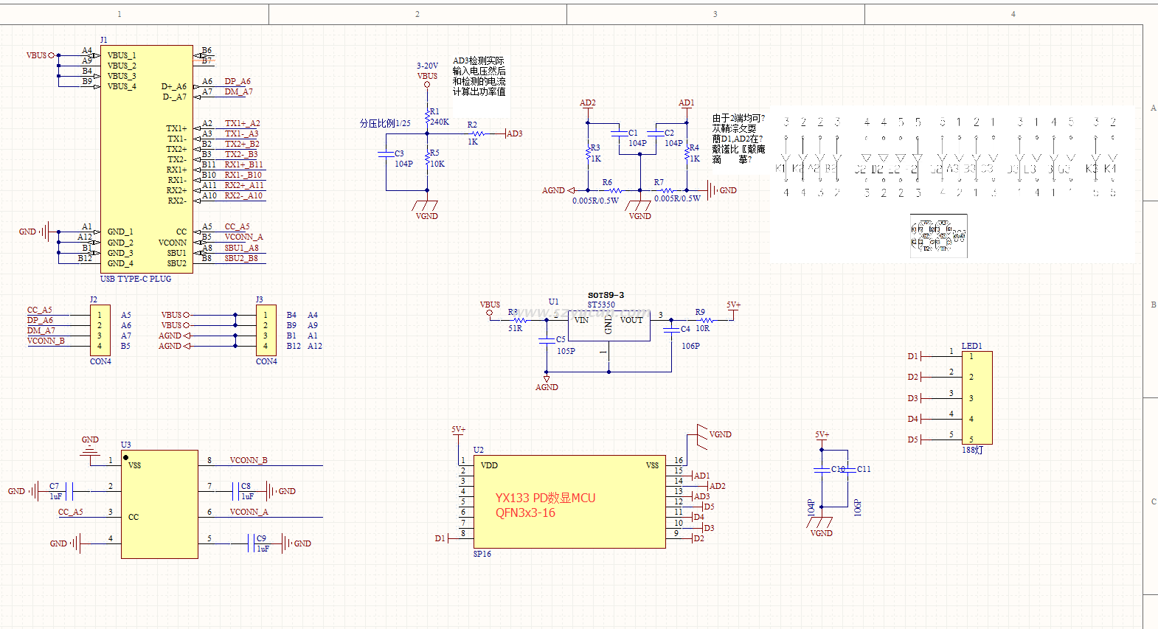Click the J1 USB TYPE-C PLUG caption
point(136,279)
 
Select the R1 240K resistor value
point(440,122)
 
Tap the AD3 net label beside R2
point(515,133)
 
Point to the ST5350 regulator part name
point(601,305)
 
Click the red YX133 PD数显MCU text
point(545,498)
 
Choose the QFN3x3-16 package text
point(525,513)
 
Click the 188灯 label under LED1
point(972,450)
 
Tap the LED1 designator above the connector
point(971,346)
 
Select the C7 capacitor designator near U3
point(54,486)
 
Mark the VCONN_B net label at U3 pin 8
point(249,460)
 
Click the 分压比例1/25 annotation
point(385,123)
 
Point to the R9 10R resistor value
point(703,328)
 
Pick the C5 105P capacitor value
point(566,351)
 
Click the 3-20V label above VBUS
point(427,66)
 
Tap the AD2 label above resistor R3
point(588,103)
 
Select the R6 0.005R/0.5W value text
point(595,201)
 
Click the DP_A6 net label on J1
point(238,81)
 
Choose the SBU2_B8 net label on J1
point(241,258)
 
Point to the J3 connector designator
point(259,299)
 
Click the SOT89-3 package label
point(606,295)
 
